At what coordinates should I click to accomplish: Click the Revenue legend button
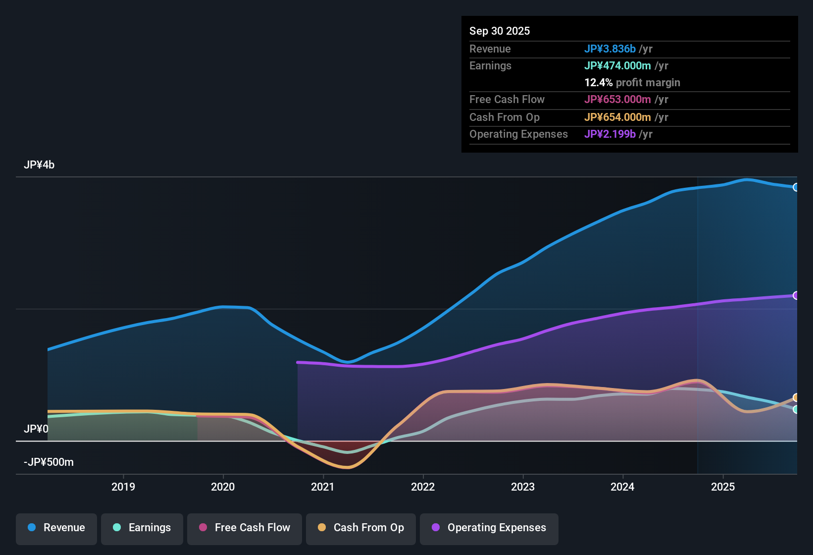56,528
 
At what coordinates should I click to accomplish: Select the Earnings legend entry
142,528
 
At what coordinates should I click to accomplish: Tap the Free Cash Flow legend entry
244,528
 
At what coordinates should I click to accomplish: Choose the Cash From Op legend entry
360,528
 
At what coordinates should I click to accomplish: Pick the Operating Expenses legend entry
489,528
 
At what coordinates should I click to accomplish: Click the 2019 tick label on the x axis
123,487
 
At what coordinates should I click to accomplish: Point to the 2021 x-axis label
323,487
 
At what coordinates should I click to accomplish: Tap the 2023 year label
523,487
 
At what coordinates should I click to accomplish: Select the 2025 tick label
723,487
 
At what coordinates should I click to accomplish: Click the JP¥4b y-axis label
39,165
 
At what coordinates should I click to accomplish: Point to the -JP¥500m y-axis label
49,462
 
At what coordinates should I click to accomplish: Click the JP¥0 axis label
36,429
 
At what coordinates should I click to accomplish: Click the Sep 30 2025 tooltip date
499,31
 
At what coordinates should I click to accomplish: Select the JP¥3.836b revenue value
610,49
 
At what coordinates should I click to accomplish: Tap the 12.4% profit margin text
632,82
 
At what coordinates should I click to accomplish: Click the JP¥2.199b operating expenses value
610,134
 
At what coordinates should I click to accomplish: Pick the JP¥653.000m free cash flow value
617,99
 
